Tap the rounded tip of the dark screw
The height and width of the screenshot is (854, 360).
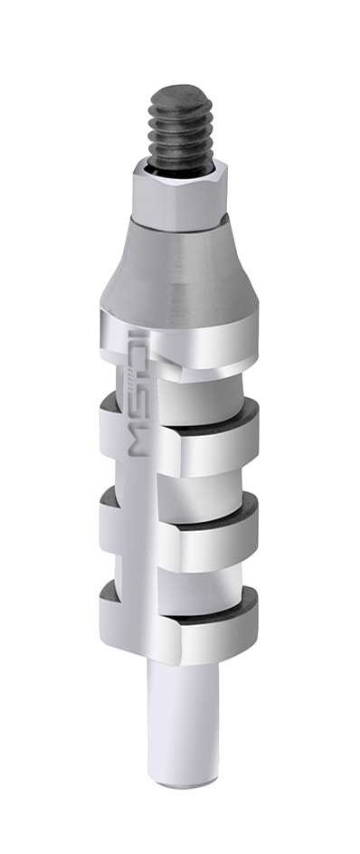[181, 92]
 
